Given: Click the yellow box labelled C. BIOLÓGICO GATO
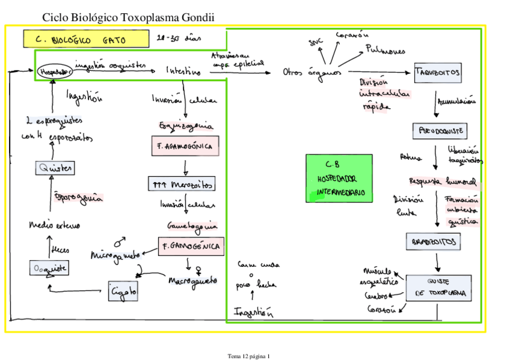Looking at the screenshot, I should tap(86, 38).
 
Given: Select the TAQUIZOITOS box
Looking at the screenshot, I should tap(438, 73).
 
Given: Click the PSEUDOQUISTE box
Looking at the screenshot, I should tap(440, 130).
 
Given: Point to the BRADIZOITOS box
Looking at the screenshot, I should tap(433, 242).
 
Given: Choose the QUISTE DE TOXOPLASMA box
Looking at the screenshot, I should tap(438, 288).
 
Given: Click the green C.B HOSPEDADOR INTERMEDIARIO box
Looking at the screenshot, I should tap(339, 178).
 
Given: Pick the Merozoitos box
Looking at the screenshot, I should tap(181, 184).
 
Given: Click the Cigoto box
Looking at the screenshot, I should tap(123, 291).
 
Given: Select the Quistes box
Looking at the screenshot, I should tap(54, 168).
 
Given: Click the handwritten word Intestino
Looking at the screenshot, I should tap(184, 71).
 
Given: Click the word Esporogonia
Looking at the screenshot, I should tap(78, 197).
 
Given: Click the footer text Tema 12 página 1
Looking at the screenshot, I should tap(249, 356).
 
